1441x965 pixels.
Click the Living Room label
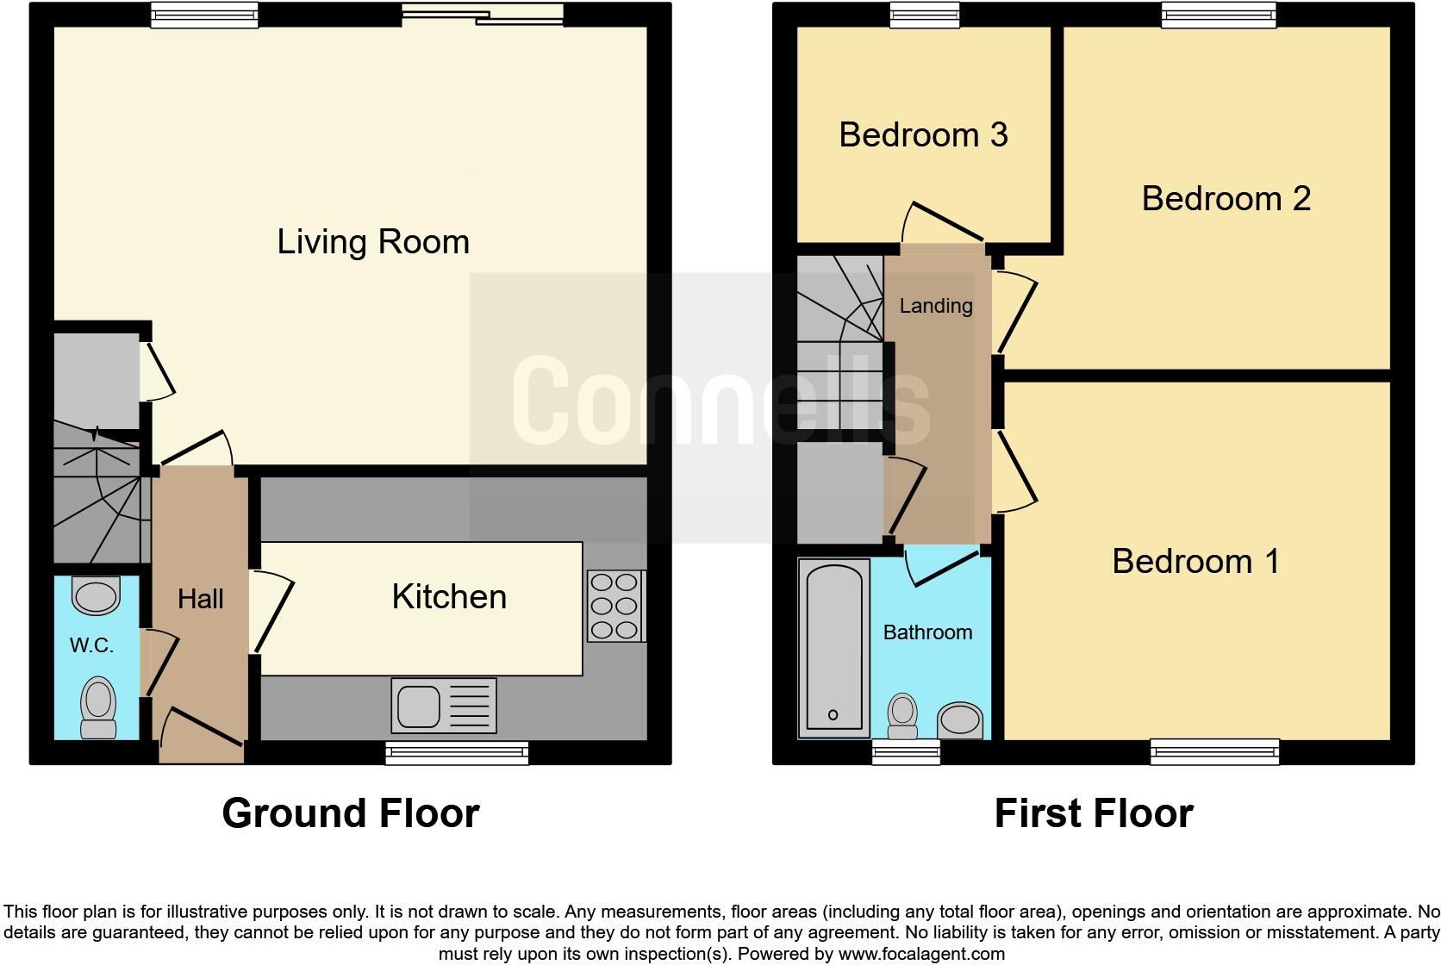tap(373, 242)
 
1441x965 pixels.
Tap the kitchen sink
tap(444, 705)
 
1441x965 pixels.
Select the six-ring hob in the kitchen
tap(615, 607)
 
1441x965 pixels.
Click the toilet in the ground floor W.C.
tap(98, 708)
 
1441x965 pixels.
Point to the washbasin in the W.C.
tap(96, 596)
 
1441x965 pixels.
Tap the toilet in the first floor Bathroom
tap(902, 717)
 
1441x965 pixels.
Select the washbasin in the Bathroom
tap(960, 720)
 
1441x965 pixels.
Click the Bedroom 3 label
tap(923, 135)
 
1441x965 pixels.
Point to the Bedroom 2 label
tap(1226, 199)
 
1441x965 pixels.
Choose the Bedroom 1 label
tap(1195, 562)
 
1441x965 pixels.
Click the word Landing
tap(936, 306)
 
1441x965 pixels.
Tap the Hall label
tap(200, 599)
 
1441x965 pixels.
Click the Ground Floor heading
tap(350, 813)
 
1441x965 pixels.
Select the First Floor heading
tap(1094, 813)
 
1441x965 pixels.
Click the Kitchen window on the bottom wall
tap(457, 753)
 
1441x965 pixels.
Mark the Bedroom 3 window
tap(925, 14)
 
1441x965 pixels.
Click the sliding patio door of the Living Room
tap(483, 14)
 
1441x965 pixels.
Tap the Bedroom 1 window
tap(1215, 752)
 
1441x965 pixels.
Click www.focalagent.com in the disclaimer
tap(921, 954)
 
